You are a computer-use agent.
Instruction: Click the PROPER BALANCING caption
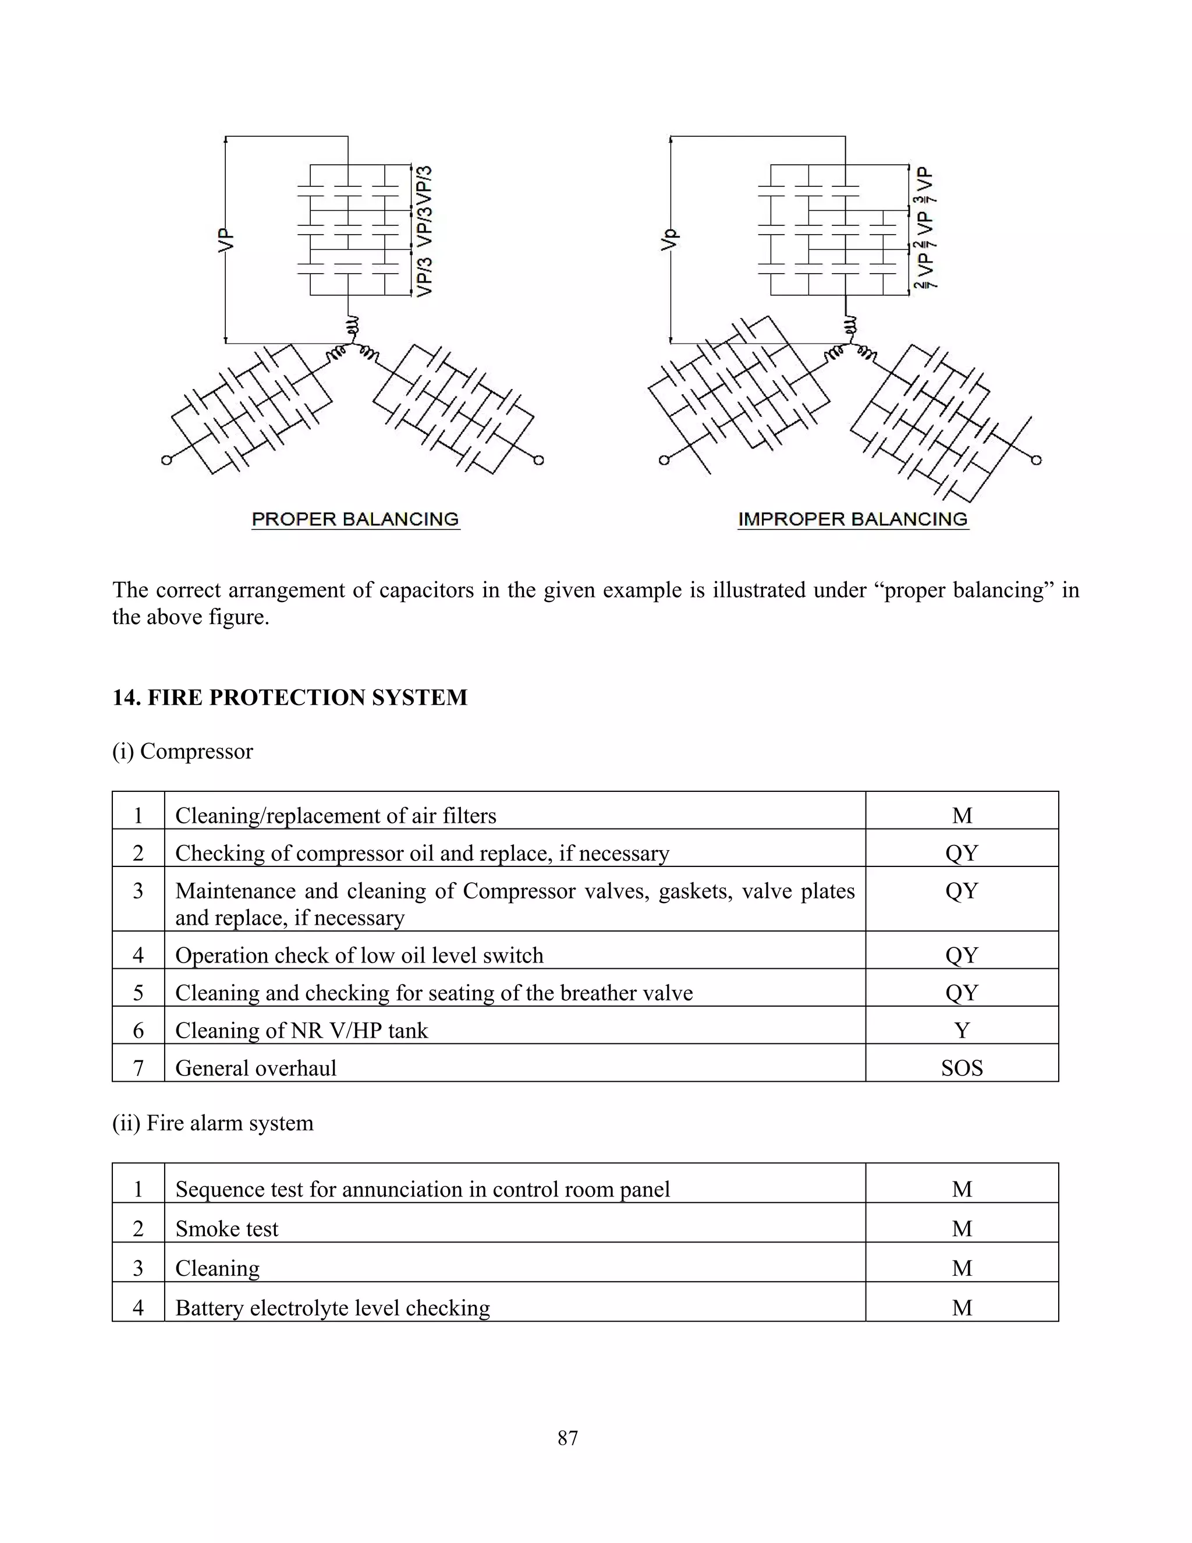click(x=355, y=519)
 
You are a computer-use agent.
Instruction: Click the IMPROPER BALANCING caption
click(x=852, y=519)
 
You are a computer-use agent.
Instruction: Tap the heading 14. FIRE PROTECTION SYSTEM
click(x=289, y=698)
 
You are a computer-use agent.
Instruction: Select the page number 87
click(x=567, y=1438)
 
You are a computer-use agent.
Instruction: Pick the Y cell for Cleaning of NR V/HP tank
click(x=961, y=1030)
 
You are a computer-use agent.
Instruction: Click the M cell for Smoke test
click(x=961, y=1229)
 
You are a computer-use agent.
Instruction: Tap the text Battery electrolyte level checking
click(x=332, y=1308)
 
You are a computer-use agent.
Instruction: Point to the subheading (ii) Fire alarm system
click(x=212, y=1123)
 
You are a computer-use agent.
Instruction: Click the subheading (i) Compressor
click(x=182, y=751)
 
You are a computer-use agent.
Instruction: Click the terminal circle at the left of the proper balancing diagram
click(x=166, y=460)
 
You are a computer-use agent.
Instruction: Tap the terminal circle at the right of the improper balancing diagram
click(x=1036, y=460)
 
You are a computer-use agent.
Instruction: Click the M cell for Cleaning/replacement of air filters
click(x=961, y=815)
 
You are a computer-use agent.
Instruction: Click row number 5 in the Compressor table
click(x=139, y=993)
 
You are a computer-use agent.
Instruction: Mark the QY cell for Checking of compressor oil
click(x=961, y=853)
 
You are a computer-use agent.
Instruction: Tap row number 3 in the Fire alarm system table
click(x=139, y=1268)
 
